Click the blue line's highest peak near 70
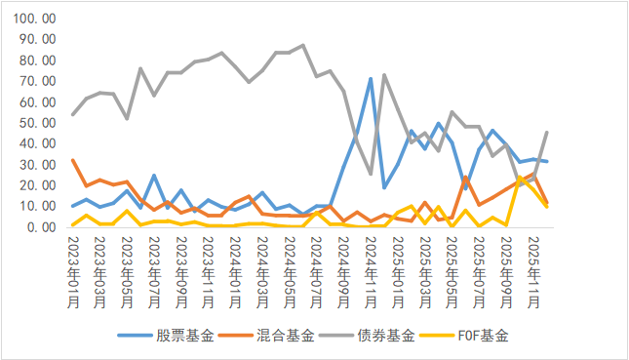(371, 79)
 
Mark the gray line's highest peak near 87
(303, 45)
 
